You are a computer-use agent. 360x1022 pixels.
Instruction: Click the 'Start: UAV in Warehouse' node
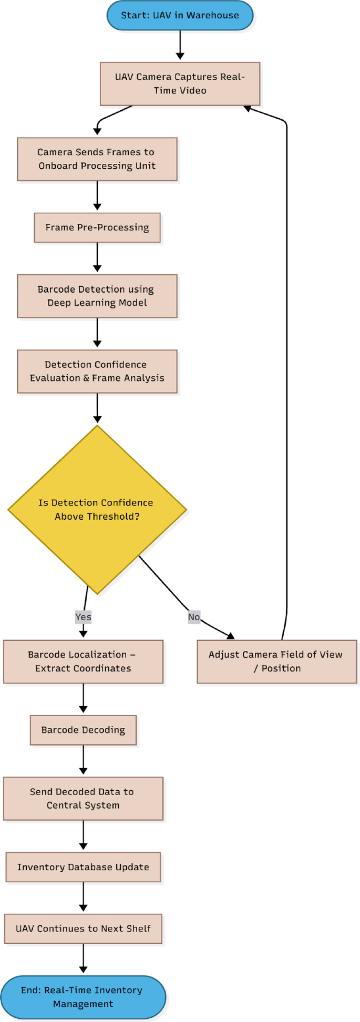click(180, 15)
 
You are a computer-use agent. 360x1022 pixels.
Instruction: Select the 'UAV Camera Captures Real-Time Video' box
click(180, 84)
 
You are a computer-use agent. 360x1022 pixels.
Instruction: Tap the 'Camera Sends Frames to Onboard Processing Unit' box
click(97, 159)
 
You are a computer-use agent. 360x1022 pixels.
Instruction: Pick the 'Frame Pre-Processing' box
click(97, 228)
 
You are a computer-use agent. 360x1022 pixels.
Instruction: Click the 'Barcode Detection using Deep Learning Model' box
click(97, 296)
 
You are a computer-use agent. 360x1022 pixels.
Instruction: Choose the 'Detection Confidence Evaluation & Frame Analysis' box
click(97, 371)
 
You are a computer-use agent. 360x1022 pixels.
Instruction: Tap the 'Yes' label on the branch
click(83, 617)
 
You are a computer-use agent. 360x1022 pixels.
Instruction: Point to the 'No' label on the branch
click(194, 617)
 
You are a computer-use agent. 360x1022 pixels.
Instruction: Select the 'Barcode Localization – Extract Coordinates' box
click(83, 662)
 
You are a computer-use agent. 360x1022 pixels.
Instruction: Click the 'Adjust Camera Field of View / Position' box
click(276, 662)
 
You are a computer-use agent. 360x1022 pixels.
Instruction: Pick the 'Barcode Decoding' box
click(83, 730)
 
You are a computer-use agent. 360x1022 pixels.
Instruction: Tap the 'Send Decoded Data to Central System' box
click(83, 798)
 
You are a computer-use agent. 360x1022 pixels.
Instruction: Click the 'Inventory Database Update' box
click(83, 867)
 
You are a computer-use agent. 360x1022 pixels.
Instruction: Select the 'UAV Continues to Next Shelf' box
click(83, 928)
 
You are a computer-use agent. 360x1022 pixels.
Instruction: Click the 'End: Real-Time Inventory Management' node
click(83, 997)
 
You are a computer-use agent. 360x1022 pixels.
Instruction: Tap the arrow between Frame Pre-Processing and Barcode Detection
click(97, 257)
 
